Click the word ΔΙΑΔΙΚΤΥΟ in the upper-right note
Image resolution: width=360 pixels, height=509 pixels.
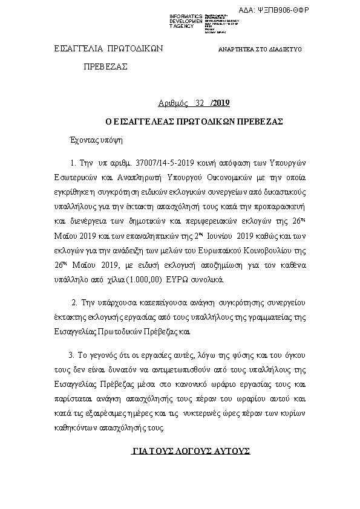click(288, 49)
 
